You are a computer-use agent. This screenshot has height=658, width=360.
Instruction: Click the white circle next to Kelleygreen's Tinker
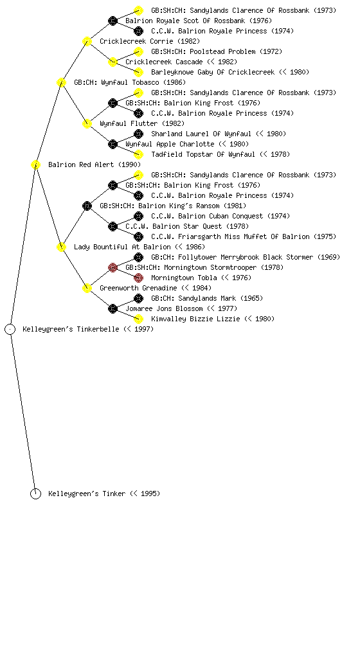[x=35, y=493]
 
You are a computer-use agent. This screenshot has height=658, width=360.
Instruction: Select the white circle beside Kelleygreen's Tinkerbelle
[x=10, y=329]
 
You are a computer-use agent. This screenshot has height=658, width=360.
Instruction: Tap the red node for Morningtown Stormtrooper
[x=113, y=267]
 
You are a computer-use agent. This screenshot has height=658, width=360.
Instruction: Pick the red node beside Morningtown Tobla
[x=138, y=278]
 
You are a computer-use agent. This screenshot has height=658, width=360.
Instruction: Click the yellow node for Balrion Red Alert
[x=35, y=164]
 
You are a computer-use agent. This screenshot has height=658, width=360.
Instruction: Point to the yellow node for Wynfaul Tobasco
[x=61, y=82]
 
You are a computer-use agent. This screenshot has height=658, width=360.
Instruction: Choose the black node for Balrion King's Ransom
[x=87, y=206]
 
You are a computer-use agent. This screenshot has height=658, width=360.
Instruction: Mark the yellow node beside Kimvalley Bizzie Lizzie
[x=138, y=319]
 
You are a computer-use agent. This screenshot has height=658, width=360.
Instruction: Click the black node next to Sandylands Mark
[x=138, y=298]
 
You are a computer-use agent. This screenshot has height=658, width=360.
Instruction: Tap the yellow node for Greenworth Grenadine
[x=87, y=288]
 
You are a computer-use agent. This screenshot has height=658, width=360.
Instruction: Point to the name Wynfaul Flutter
[x=129, y=123]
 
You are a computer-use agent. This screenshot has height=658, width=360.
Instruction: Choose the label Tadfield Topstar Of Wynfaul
[x=203, y=154]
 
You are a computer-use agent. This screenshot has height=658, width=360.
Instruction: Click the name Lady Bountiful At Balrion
[x=123, y=247]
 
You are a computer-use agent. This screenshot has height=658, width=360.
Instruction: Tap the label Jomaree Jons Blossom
[x=164, y=308]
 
